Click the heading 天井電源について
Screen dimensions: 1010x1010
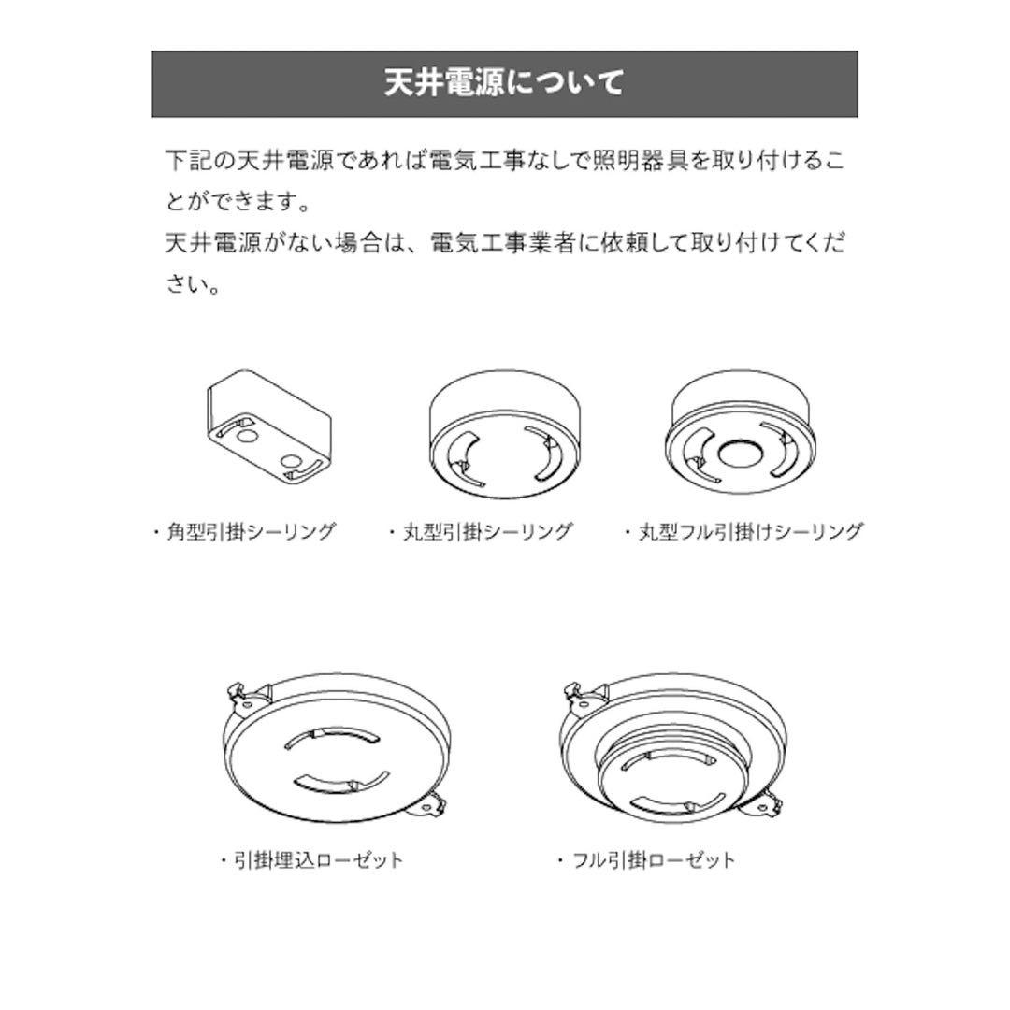pos(504,83)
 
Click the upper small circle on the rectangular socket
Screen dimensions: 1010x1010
pos(247,436)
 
